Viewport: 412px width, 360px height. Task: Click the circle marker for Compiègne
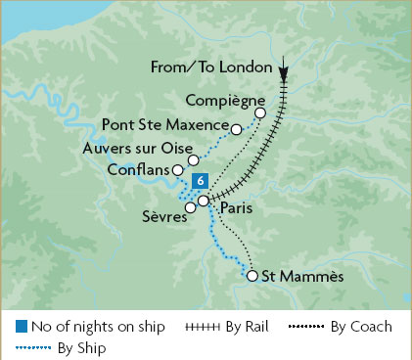(x=260, y=113)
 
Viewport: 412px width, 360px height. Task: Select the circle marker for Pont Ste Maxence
(x=236, y=128)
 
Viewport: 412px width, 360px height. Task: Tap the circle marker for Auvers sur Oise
(x=194, y=159)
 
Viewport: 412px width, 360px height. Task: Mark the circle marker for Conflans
(x=177, y=170)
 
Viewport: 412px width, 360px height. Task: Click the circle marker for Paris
(x=203, y=201)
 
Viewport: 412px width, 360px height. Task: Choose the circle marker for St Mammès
(x=252, y=276)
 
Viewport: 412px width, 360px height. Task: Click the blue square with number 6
(x=200, y=180)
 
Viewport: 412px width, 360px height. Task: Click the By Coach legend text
(x=358, y=327)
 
